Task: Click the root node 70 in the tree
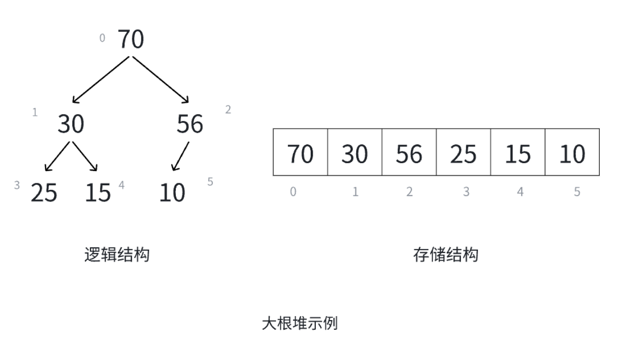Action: tap(131, 39)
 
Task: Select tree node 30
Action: tap(71, 124)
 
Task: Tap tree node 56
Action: tap(189, 124)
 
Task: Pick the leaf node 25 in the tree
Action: tap(44, 192)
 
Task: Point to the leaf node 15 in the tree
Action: tap(98, 192)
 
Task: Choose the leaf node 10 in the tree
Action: tap(172, 192)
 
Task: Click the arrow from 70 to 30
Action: tap(101, 79)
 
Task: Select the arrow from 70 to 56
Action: tap(160, 79)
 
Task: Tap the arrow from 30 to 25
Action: tap(57, 157)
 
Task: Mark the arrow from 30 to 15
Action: tap(85, 157)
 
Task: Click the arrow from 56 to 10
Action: tap(180, 157)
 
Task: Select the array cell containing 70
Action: tap(300, 152)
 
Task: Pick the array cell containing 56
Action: tap(409, 152)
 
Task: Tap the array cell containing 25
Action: tap(463, 152)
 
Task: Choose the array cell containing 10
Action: tap(572, 152)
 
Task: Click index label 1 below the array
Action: tap(355, 192)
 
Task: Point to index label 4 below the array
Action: tap(520, 192)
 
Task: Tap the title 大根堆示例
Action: tap(299, 323)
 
